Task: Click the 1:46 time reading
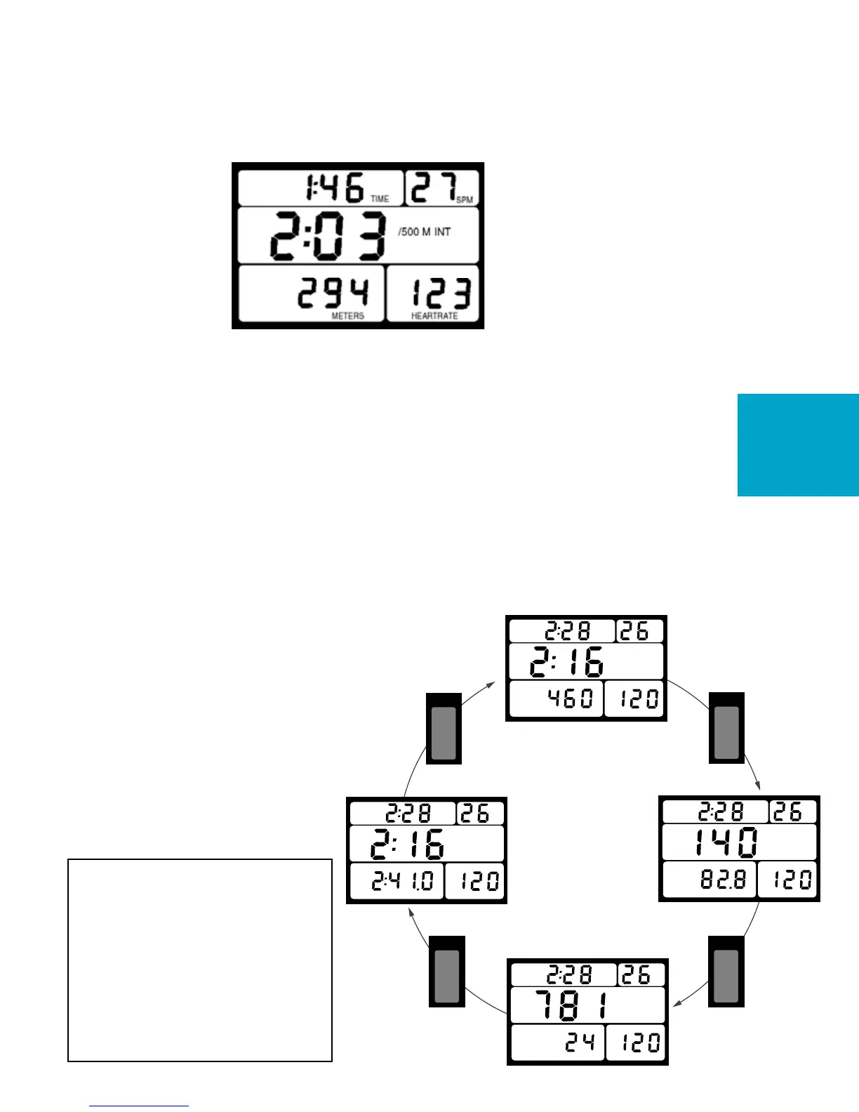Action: (x=334, y=187)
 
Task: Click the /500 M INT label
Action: (x=424, y=232)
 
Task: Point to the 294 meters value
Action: (x=333, y=293)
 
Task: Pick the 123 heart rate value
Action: (x=440, y=293)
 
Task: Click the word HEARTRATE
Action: (x=434, y=317)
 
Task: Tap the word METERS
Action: (x=347, y=317)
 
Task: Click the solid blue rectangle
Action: (x=798, y=445)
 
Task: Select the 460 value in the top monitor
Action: (x=569, y=699)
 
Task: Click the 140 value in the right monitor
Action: (x=726, y=842)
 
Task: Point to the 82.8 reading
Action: (x=723, y=880)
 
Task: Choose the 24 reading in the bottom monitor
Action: (x=580, y=1042)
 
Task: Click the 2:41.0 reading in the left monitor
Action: (x=403, y=881)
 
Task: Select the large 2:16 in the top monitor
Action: (x=566, y=661)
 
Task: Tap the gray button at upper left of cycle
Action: (x=444, y=733)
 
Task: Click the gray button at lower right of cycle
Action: (x=726, y=977)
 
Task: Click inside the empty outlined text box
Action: (x=199, y=959)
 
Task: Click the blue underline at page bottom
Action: (x=139, y=1106)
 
